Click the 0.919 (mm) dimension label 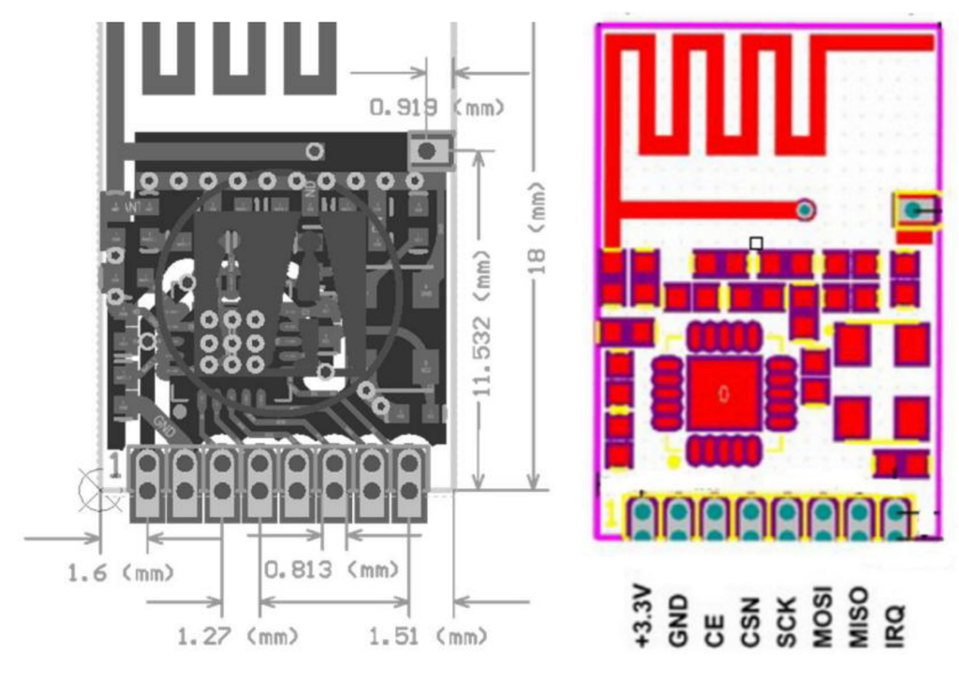(x=437, y=108)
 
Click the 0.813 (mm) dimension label (x=330, y=569)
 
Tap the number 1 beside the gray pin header (x=114, y=463)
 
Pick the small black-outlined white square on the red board (x=756, y=243)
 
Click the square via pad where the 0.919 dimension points (x=428, y=151)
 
